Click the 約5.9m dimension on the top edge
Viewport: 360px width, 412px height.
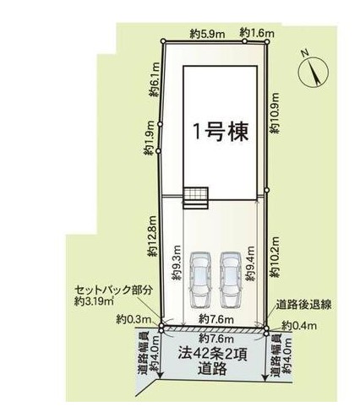207,35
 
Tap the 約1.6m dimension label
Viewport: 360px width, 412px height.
257,33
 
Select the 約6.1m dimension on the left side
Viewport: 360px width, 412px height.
155,79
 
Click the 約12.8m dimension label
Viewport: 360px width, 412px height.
153,236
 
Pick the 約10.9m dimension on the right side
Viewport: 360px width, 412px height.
274,113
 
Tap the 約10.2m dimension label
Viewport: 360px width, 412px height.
274,257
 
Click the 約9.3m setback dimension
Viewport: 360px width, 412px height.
177,263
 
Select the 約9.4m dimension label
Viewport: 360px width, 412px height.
250,263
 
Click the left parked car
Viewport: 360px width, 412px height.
200,279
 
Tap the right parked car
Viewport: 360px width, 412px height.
231,279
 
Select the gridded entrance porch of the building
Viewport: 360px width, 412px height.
196,198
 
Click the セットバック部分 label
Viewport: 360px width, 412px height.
114,290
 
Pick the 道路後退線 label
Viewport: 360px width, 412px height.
303,305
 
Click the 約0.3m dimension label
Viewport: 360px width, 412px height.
134,320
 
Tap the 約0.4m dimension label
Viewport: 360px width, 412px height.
299,326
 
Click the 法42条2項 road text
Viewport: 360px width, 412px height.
213,355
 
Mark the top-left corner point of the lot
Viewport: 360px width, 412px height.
163,41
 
